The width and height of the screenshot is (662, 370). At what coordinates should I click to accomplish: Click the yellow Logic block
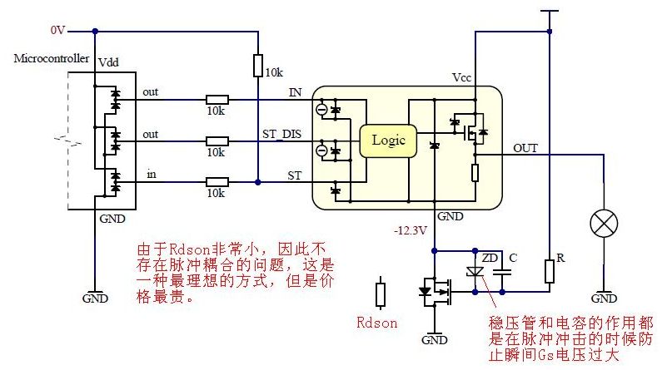[x=387, y=140]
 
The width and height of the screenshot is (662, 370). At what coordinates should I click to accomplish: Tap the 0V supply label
[x=57, y=30]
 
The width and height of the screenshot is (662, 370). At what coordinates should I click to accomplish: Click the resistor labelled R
[x=549, y=270]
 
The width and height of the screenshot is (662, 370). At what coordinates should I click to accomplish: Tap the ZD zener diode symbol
[x=475, y=270]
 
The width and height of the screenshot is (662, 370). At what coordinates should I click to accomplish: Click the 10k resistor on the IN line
[x=217, y=97]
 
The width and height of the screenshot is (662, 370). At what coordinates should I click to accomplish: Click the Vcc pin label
[x=462, y=77]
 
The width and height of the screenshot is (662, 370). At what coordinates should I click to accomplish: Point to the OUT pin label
[x=525, y=148]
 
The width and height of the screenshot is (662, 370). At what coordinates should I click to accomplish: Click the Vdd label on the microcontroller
[x=108, y=63]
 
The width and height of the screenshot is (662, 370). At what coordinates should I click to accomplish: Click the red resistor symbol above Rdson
[x=381, y=295]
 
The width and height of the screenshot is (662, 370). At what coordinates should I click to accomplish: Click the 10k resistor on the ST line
[x=217, y=182]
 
